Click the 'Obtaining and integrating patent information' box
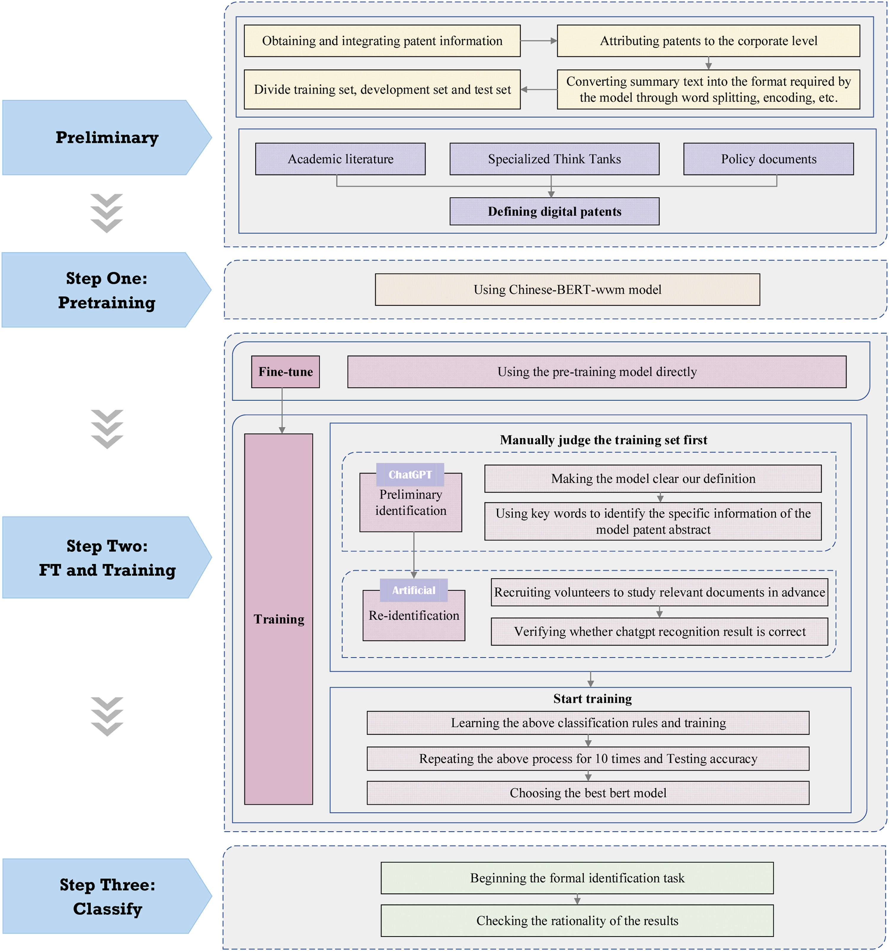pyautogui.click(x=382, y=41)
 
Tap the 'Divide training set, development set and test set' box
pyautogui.click(x=382, y=89)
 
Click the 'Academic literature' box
pyautogui.click(x=340, y=159)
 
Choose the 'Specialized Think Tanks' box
pyautogui.click(x=554, y=159)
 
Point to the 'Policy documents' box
pyautogui.click(x=768, y=159)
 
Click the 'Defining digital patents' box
pyautogui.click(x=554, y=211)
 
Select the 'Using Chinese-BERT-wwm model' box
pyautogui.click(x=567, y=290)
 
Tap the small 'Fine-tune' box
pyautogui.click(x=285, y=372)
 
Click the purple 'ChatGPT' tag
pyautogui.click(x=410, y=474)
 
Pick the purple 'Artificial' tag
pyautogui.click(x=414, y=590)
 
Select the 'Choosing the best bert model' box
pyautogui.click(x=588, y=793)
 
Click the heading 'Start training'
pyautogui.click(x=592, y=699)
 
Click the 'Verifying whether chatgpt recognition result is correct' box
pyautogui.click(x=659, y=632)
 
